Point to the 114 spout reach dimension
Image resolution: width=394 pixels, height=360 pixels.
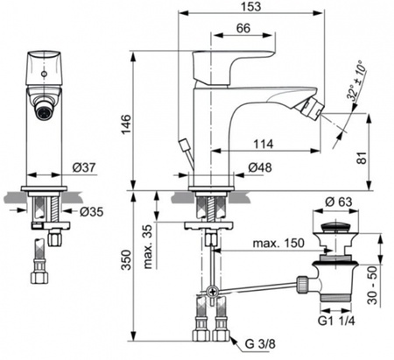click(263, 145)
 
